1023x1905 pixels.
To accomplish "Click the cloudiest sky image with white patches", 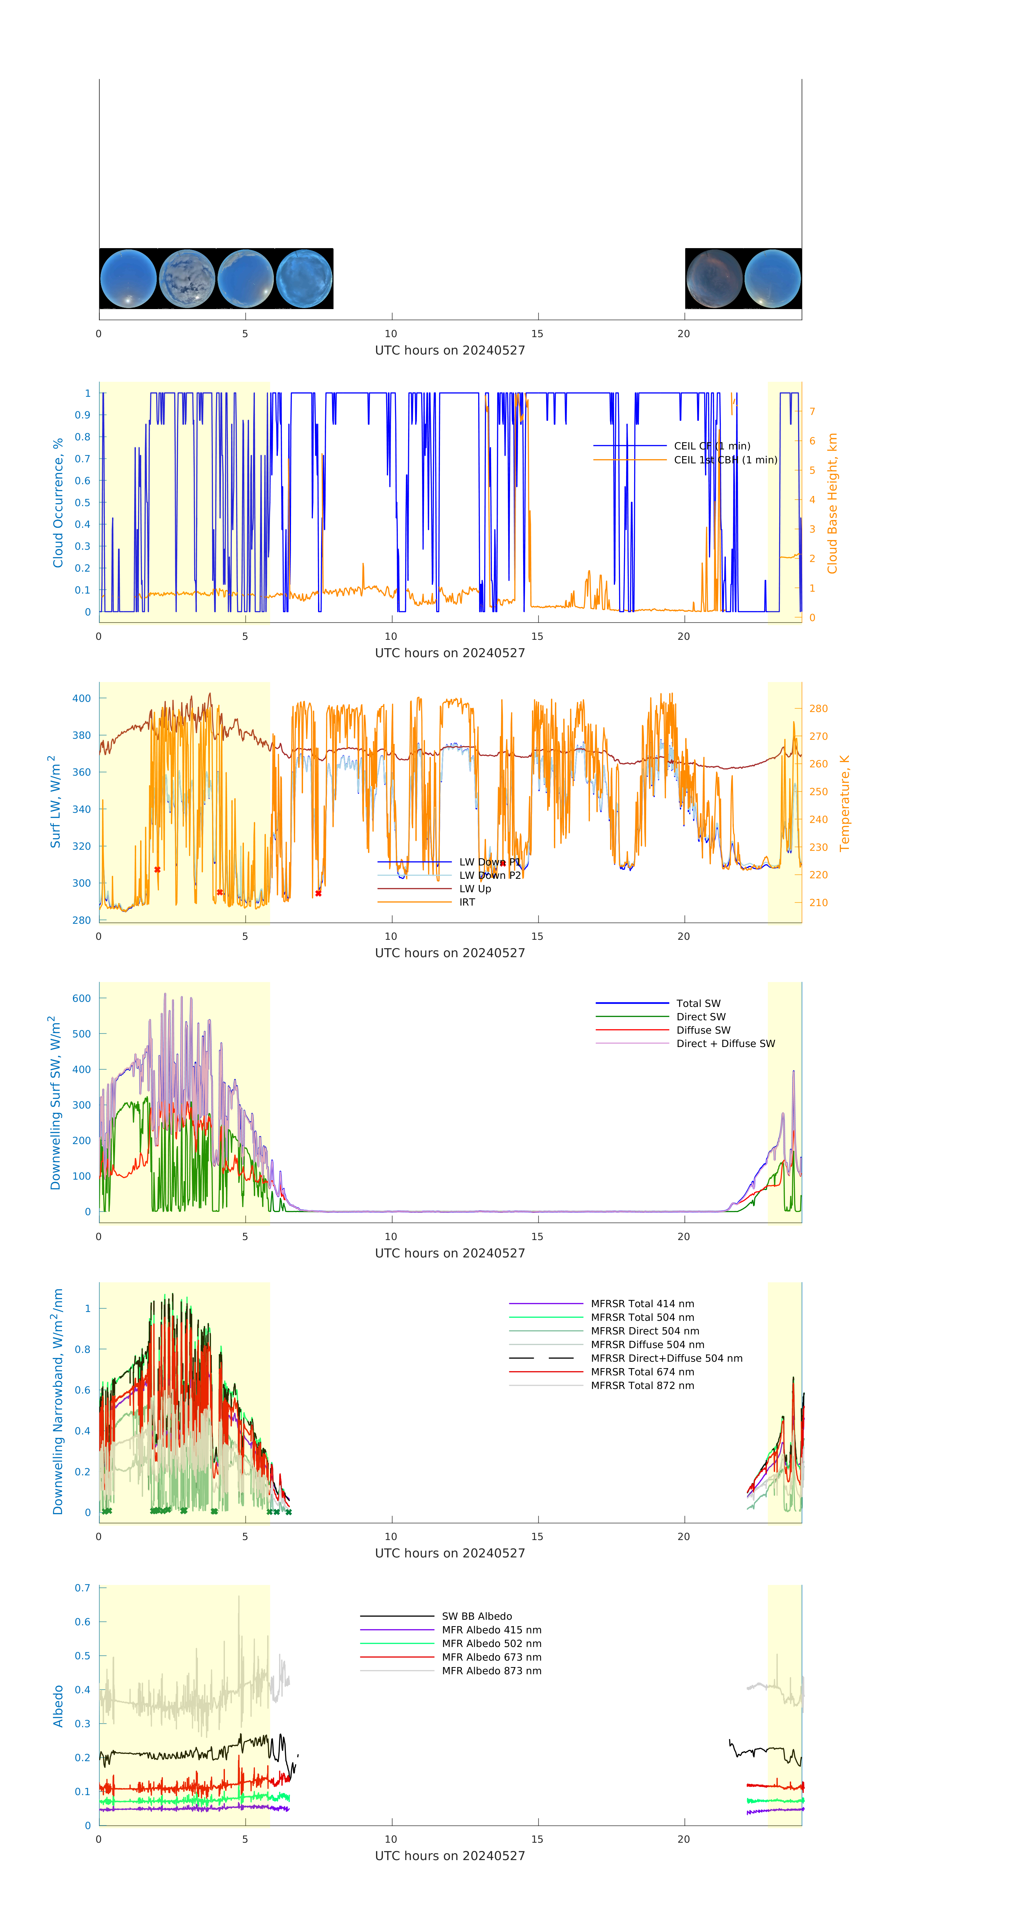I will click(x=187, y=278).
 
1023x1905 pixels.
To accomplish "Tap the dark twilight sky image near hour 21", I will click(x=714, y=278).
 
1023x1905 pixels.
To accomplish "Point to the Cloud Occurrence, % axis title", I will click(x=58, y=503).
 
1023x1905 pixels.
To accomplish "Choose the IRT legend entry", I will click(x=467, y=902).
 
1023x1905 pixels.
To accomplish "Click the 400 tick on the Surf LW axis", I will click(x=81, y=698).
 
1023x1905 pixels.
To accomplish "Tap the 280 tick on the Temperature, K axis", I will click(x=818, y=709).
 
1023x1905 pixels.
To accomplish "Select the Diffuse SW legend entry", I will click(x=703, y=1030).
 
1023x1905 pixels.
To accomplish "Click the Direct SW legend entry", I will click(x=700, y=1017).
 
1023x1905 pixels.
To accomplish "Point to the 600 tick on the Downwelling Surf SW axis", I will click(x=81, y=998).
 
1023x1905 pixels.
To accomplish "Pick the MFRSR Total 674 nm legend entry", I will click(x=642, y=1372).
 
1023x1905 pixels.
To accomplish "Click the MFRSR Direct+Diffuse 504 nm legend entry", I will click(x=666, y=1358).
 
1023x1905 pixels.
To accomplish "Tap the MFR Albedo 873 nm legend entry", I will click(x=491, y=1671).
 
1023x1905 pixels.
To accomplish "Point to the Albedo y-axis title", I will click(x=58, y=1706).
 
